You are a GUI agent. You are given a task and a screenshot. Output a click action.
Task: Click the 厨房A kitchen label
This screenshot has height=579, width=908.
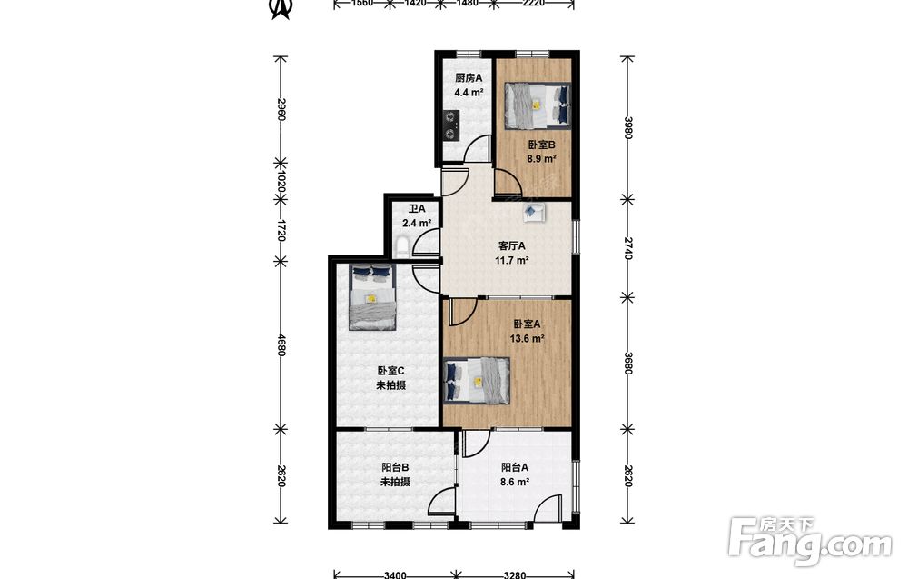(468, 78)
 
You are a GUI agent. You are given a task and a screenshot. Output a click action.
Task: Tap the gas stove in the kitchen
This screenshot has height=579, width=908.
(451, 125)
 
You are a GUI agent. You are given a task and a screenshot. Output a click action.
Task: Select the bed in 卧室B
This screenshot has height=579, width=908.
(538, 105)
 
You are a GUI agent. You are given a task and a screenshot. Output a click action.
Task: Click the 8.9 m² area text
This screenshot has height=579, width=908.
(541, 158)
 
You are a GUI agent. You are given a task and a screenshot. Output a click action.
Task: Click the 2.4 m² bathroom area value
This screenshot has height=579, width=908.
(417, 223)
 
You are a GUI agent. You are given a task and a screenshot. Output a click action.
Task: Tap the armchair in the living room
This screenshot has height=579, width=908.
(533, 212)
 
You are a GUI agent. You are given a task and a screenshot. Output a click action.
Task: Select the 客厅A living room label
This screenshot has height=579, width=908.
(511, 245)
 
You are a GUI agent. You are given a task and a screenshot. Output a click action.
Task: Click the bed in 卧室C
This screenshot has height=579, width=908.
(372, 296)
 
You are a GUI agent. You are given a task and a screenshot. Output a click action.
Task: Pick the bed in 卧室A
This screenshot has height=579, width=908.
(478, 380)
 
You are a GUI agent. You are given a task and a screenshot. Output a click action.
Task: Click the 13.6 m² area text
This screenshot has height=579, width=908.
(527, 339)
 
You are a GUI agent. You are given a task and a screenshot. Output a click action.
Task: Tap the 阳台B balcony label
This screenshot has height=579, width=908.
(395, 467)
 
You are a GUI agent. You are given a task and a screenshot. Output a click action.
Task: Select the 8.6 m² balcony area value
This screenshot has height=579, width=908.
(514, 482)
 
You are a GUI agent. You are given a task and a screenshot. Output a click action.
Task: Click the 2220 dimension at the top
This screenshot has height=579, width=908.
(533, 3)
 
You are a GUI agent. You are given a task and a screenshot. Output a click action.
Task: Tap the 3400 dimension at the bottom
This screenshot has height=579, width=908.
(395, 575)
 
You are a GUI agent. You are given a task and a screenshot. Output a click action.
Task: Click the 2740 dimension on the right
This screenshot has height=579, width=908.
(628, 247)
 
